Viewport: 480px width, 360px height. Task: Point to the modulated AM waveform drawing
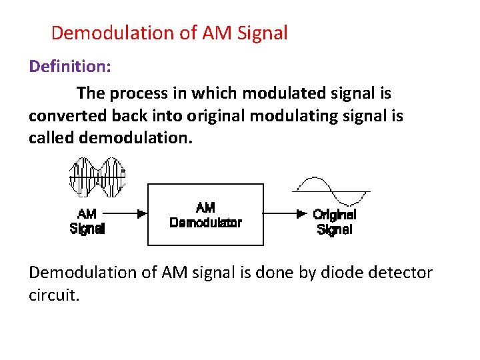[98, 177]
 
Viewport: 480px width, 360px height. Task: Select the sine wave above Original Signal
[331, 191]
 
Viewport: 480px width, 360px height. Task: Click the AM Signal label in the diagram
[87, 221]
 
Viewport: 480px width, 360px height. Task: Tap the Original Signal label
[335, 222]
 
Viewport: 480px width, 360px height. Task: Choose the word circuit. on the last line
[53, 295]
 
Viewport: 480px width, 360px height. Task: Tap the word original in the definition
[216, 116]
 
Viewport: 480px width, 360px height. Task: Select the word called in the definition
[51, 139]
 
